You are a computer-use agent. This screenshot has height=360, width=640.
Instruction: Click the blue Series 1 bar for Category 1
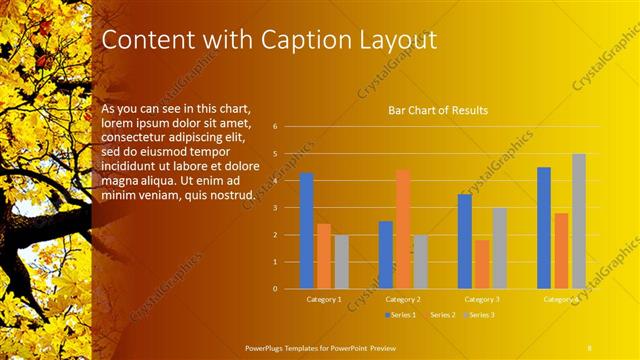pos(307,231)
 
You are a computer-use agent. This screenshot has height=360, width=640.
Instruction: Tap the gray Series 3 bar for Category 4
pos(579,221)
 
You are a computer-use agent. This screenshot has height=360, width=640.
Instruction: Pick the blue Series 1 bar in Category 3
pos(465,241)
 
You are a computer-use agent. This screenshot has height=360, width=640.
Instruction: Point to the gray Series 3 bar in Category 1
pos(342,262)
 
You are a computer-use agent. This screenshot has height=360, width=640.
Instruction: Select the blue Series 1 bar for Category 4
pos(544,228)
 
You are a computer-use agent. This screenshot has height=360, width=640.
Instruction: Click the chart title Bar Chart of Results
pos(438,111)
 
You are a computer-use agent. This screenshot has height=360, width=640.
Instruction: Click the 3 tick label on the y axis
pos(288,208)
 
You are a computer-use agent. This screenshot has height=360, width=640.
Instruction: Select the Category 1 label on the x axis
pos(323,299)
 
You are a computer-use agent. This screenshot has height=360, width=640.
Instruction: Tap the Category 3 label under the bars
pos(482,299)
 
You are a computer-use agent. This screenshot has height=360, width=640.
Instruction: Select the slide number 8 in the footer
pos(590,345)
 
